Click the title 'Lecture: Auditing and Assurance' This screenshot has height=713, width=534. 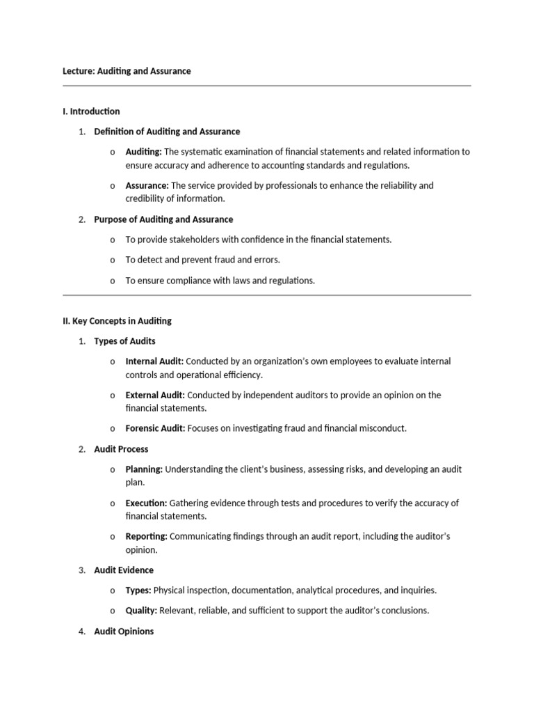[127, 71]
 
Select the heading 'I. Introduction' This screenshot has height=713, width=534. [91, 111]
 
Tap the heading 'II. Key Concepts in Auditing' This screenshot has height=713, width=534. [117, 321]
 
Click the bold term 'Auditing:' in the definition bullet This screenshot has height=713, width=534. [143, 152]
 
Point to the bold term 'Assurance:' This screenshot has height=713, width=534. [147, 185]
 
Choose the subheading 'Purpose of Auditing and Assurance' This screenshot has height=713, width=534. [163, 219]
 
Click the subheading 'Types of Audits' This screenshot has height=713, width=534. [124, 341]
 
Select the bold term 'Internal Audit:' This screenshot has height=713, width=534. [154, 361]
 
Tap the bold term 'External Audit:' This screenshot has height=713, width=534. [155, 395]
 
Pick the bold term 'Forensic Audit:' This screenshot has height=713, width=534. [155, 428]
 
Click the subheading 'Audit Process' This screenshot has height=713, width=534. [121, 449]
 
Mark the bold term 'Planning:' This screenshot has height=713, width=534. [144, 469]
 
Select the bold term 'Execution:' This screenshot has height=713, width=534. [146, 503]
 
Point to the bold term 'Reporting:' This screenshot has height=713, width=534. [146, 536]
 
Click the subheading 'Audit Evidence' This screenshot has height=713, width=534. [124, 570]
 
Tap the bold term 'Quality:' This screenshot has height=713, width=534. [141, 611]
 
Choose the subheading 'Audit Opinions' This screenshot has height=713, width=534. [124, 632]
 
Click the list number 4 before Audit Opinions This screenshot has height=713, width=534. [81, 632]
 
